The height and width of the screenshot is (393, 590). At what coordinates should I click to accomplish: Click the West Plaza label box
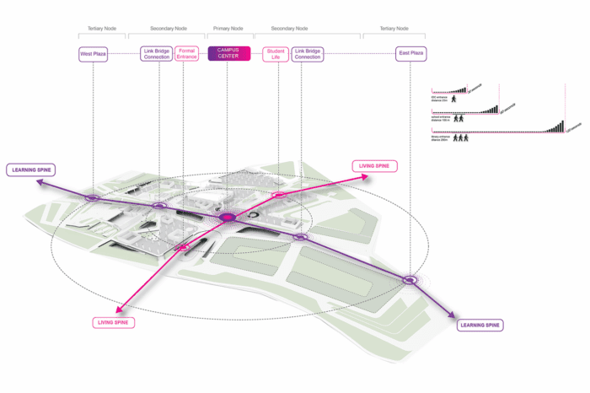pyautogui.click(x=93, y=54)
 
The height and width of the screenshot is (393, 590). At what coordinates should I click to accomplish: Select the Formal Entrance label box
pyautogui.click(x=187, y=54)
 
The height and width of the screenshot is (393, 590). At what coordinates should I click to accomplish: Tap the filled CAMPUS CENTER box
pyautogui.click(x=228, y=54)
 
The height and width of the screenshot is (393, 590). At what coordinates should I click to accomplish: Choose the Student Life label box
pyautogui.click(x=276, y=54)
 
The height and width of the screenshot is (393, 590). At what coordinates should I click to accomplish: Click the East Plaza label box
pyautogui.click(x=410, y=54)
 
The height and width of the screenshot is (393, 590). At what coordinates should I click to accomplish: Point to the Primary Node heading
pyautogui.click(x=228, y=28)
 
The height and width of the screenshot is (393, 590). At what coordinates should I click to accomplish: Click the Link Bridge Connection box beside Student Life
pyautogui.click(x=308, y=54)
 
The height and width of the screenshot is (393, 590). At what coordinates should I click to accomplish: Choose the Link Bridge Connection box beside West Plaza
pyautogui.click(x=158, y=54)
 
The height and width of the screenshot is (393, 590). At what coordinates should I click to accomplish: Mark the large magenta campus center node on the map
pyautogui.click(x=228, y=218)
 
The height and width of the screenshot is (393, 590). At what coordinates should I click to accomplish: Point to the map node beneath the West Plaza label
pyautogui.click(x=93, y=198)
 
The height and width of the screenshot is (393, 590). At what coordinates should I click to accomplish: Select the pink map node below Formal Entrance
pyautogui.click(x=181, y=247)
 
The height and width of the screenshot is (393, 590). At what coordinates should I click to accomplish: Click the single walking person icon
pyautogui.click(x=453, y=100)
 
